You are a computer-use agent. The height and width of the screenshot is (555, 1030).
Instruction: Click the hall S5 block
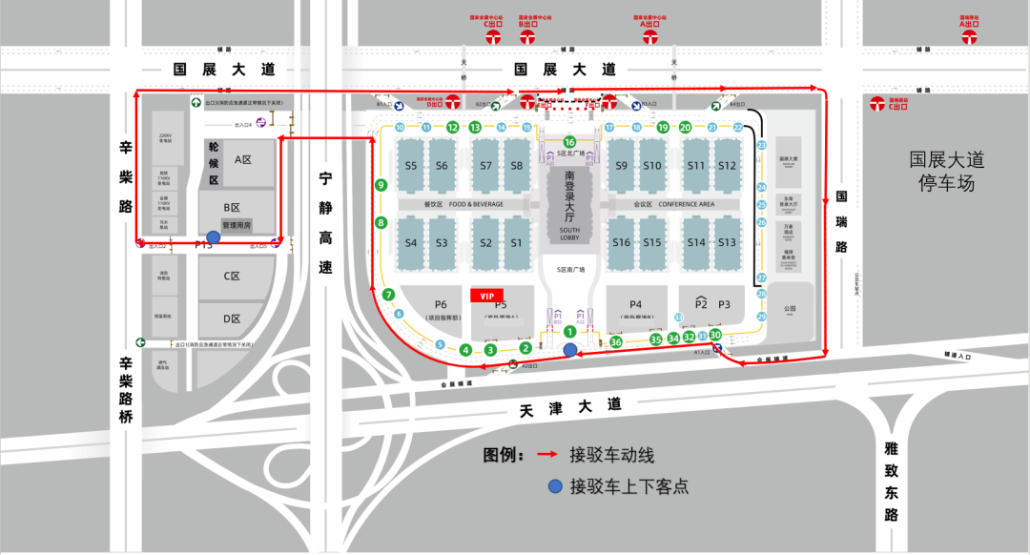coord(411,166)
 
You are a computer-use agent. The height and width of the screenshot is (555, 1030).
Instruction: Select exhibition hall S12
coord(728,166)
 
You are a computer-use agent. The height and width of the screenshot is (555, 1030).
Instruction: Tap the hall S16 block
coord(622,242)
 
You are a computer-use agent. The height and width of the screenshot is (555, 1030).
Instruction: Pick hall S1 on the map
coord(516,242)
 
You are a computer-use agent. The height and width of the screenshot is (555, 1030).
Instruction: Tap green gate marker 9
coord(381,185)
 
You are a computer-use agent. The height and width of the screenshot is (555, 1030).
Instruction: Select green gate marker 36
coord(616,342)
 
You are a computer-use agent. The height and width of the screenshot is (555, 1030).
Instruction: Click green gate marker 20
coord(686,127)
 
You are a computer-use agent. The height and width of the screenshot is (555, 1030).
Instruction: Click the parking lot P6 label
coord(441,305)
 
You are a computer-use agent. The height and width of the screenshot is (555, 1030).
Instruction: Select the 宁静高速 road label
coord(326,224)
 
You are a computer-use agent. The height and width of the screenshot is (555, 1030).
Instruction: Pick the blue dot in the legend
coord(554,486)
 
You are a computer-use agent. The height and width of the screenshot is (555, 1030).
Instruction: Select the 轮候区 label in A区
coord(214,164)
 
